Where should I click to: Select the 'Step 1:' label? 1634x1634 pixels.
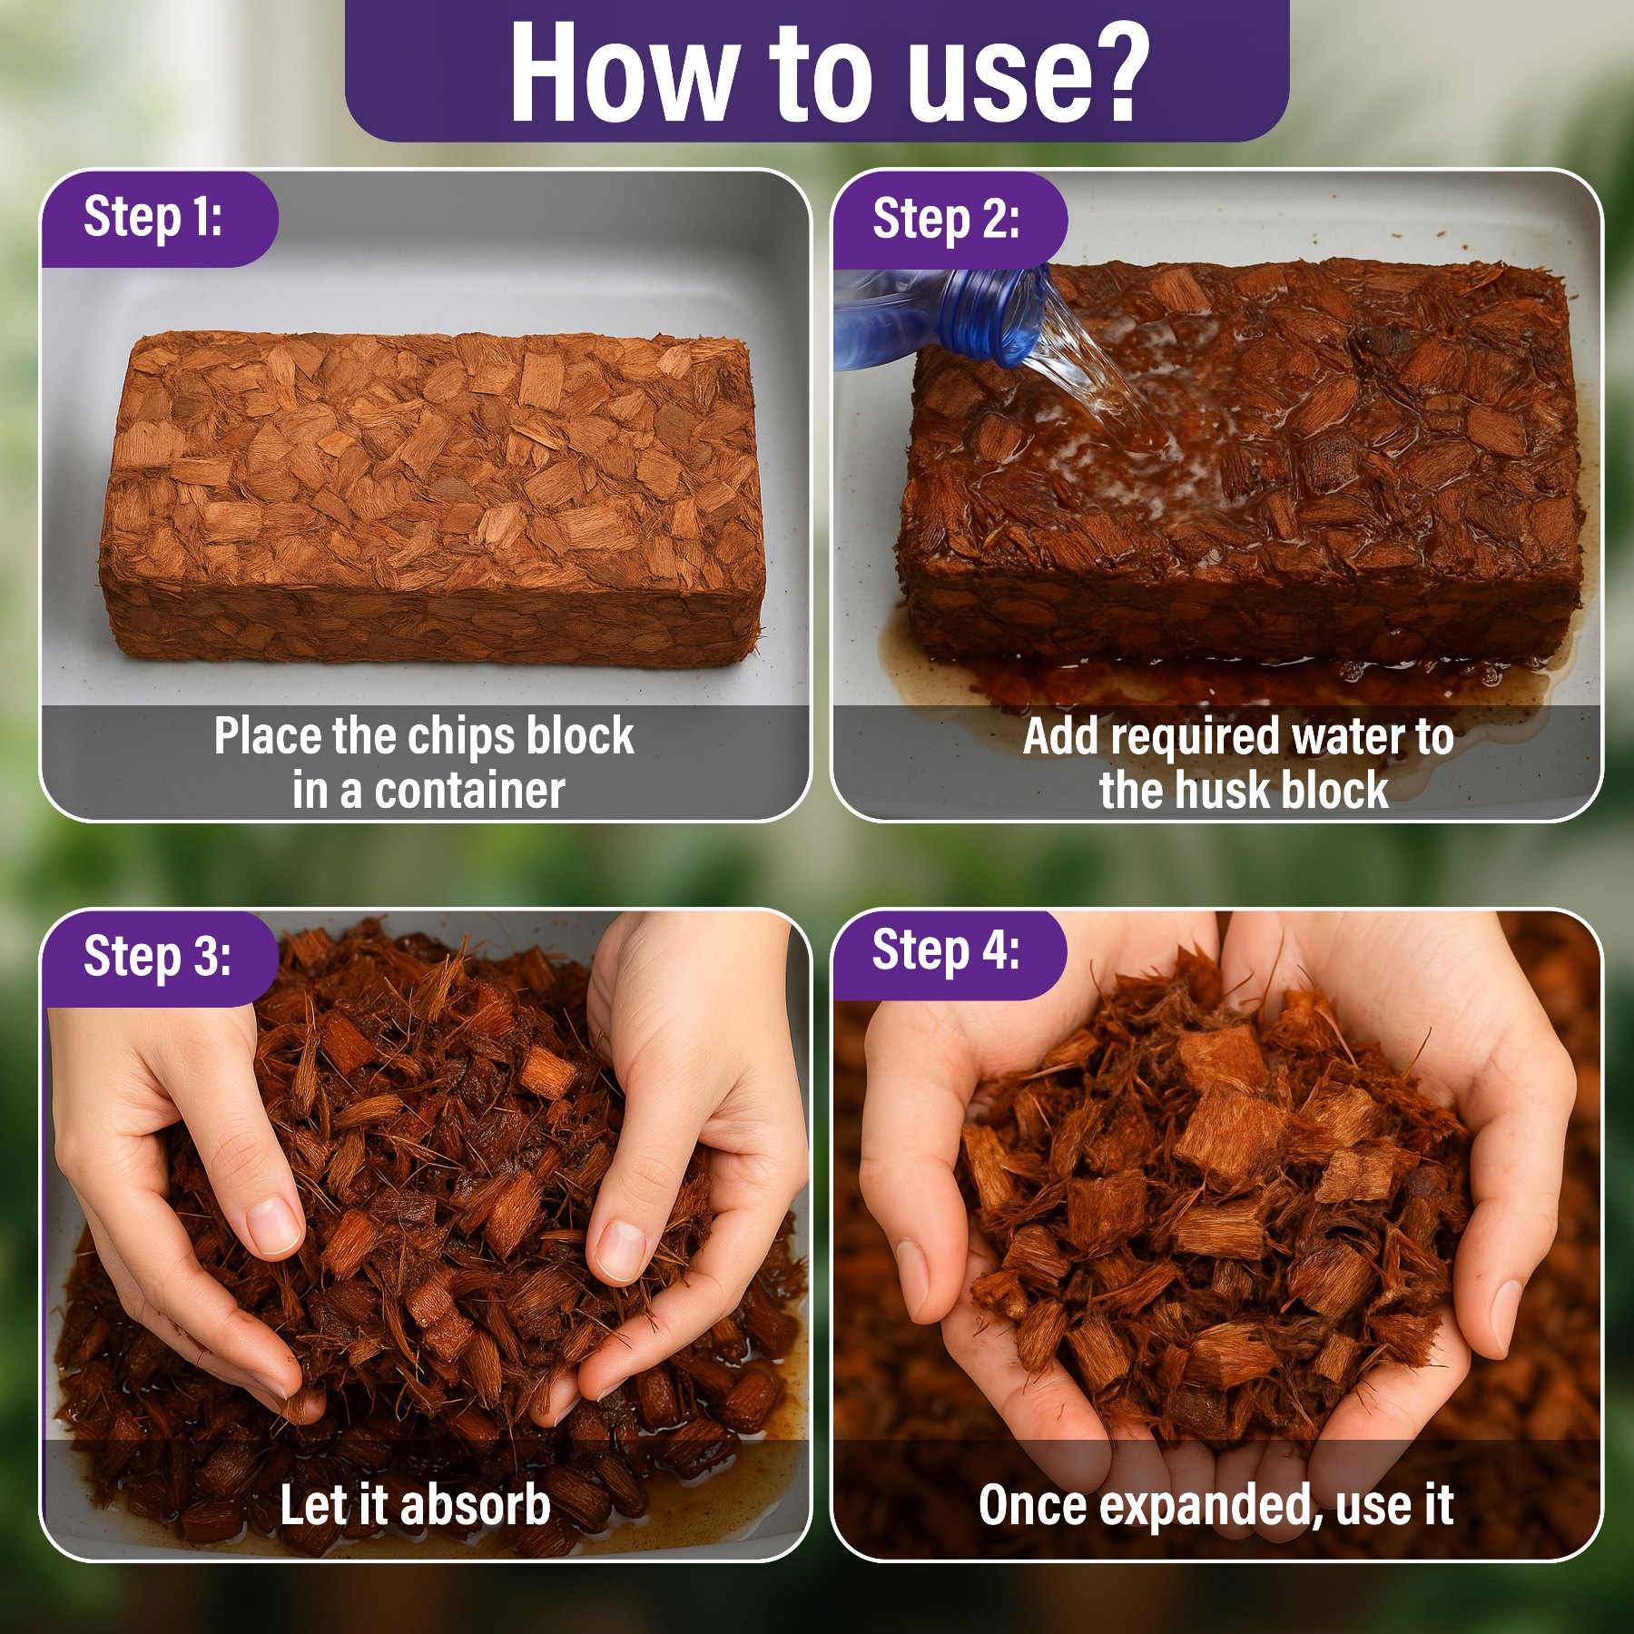tap(153, 218)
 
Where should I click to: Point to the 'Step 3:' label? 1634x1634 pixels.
tap(157, 957)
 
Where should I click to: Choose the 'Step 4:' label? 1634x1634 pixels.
tap(946, 950)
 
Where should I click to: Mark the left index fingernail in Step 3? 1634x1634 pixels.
tap(275, 1225)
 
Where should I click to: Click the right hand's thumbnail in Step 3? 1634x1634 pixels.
tap(621, 1251)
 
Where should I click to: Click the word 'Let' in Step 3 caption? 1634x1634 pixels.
tap(314, 1505)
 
